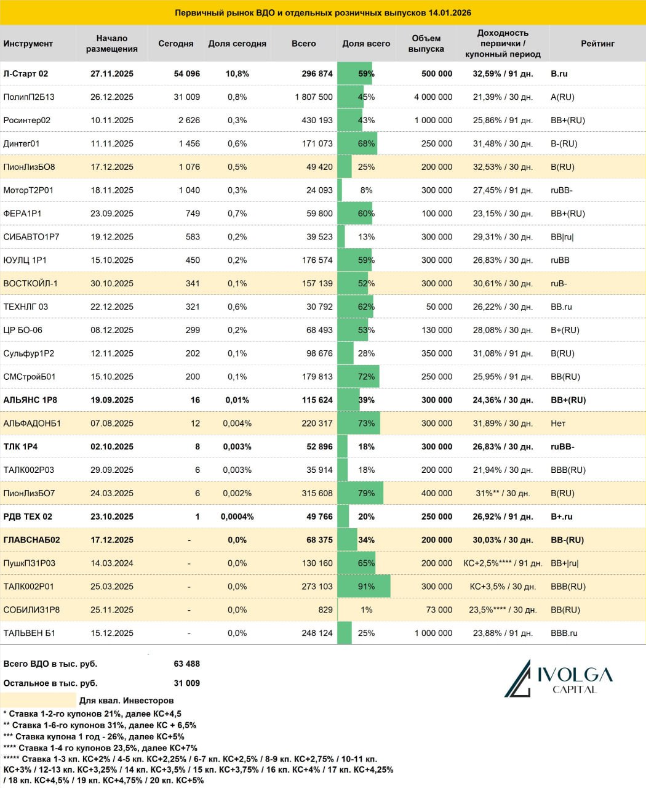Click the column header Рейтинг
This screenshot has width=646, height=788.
597,44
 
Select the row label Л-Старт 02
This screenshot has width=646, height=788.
26,74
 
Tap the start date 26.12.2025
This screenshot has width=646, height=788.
112,97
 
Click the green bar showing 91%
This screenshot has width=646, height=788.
364,587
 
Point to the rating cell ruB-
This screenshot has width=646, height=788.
559,284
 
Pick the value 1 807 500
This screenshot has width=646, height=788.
314,97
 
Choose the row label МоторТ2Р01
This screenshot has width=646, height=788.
28,190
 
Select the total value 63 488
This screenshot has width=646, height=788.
187,664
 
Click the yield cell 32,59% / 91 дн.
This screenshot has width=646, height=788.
503,74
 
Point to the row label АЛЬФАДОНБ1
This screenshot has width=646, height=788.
32,424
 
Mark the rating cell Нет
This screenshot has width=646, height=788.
558,424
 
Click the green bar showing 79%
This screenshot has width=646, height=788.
361,493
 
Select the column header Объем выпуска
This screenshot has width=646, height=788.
426,44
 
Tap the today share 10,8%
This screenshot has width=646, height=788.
237,74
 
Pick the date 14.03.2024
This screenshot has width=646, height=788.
112,563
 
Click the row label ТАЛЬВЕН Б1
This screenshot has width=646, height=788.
30,633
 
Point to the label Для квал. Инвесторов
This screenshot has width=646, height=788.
127,701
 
